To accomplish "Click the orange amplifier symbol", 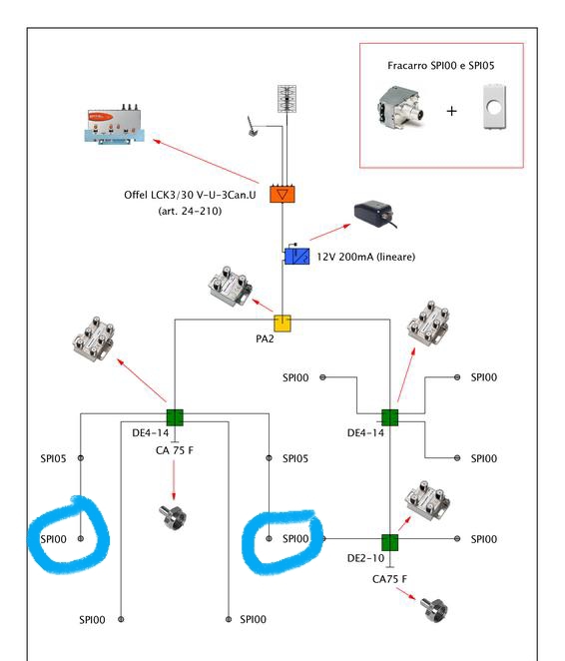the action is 282,194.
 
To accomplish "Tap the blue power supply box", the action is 297,257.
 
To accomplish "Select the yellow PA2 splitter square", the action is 282,324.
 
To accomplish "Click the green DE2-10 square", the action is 389,542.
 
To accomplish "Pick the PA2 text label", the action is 265,338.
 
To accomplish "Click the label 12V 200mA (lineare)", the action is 365,257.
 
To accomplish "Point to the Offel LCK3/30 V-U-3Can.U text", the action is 190,195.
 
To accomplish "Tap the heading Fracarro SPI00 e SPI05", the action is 440,65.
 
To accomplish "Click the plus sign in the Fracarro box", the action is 451,111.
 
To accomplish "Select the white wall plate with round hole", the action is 494,107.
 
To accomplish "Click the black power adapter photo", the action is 374,214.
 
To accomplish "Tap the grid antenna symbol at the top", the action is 286,99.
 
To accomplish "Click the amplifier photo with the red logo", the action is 114,124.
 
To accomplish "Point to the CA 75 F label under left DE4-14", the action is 175,450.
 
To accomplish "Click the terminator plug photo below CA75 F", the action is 434,609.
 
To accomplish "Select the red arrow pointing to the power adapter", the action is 329,233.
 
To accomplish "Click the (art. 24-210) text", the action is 190,211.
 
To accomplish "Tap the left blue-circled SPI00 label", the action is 53,539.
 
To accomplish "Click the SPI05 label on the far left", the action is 53,458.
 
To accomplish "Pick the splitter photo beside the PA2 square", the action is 230,286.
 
